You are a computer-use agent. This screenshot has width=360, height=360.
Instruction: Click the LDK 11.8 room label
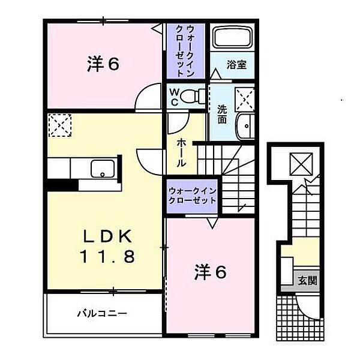point(108,246)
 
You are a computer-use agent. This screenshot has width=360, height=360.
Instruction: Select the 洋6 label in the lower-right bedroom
point(209,273)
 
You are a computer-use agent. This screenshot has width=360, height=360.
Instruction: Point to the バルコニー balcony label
point(101,313)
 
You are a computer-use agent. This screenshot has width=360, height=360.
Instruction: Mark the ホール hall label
point(181,152)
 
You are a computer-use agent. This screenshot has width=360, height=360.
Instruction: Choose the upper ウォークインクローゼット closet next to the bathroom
point(185,50)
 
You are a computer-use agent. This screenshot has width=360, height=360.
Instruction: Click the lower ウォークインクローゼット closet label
point(191,195)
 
